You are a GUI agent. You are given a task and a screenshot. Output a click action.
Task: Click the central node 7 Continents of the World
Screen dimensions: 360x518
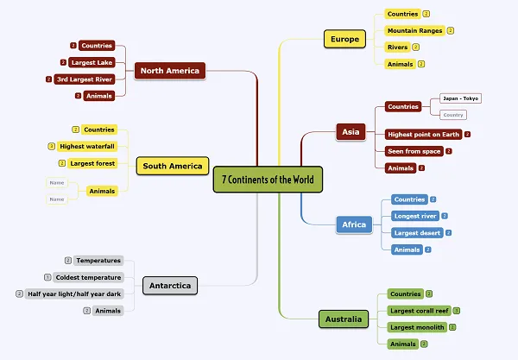click(x=267, y=180)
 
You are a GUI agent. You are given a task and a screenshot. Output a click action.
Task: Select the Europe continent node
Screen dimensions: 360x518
click(x=344, y=40)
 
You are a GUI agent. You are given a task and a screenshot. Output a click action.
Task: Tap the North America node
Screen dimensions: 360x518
click(x=169, y=71)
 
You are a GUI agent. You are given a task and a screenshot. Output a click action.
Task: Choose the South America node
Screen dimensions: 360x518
click(x=173, y=166)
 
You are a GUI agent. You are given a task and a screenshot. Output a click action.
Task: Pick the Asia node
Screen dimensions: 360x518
click(x=351, y=132)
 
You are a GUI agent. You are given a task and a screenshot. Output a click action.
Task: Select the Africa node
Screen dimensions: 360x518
click(x=354, y=224)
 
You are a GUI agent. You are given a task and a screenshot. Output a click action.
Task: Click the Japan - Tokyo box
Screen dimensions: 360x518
click(x=460, y=98)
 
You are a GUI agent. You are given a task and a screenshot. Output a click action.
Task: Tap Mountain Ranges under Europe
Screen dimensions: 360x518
click(x=414, y=31)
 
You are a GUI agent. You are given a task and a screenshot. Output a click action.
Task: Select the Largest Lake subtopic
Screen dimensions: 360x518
click(x=92, y=62)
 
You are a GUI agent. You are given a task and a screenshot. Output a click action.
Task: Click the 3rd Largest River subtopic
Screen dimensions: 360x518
click(x=84, y=79)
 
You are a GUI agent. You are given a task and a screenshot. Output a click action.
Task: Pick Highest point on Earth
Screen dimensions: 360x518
click(x=423, y=135)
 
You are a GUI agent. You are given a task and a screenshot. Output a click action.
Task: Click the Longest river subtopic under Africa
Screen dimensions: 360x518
click(x=414, y=216)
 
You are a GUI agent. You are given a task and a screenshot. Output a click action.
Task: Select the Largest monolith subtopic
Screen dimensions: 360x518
click(x=417, y=327)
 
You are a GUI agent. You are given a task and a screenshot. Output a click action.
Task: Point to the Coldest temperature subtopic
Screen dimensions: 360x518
click(x=89, y=277)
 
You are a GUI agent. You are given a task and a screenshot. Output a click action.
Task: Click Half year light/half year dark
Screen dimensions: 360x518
click(x=74, y=294)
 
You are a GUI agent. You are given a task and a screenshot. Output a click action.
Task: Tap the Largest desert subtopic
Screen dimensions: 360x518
click(x=416, y=233)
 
